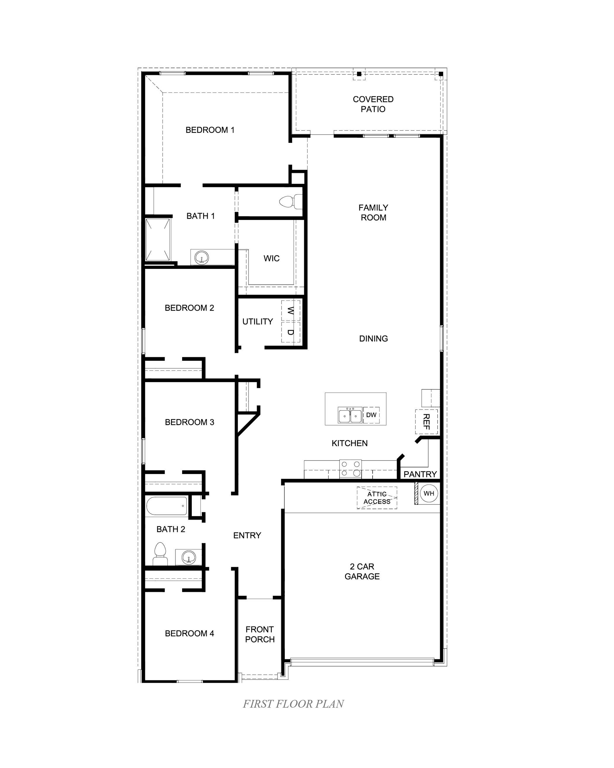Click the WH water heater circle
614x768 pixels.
429,493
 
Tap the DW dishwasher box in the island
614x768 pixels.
371,415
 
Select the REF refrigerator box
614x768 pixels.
426,422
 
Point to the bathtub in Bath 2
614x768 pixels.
167,506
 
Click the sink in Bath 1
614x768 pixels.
202,257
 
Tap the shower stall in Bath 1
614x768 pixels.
158,239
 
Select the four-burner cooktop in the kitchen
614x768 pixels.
350,469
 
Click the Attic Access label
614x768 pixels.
377,498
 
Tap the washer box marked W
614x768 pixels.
290,311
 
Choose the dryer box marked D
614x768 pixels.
290,332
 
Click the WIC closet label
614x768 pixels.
272,258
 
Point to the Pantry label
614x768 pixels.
420,474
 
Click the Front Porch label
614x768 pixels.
260,634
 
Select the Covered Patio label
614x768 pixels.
373,104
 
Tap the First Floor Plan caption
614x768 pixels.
293,704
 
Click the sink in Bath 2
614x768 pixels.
189,557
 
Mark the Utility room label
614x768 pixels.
257,321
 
